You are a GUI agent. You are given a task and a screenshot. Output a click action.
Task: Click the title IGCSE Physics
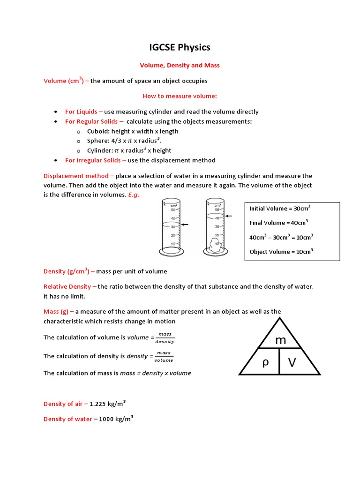coord(180,47)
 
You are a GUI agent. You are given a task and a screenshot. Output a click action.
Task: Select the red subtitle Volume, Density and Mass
coord(180,65)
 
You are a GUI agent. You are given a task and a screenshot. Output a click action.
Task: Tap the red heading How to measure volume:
coord(180,96)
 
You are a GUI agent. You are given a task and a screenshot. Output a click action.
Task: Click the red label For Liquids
coord(81,112)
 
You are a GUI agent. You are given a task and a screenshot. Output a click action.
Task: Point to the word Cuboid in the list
coord(97,131)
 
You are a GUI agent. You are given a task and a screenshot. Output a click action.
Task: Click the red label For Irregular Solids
coord(93,160)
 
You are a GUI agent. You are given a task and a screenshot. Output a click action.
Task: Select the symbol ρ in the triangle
coord(265,362)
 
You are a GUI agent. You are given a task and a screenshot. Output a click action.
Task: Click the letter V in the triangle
coord(292,362)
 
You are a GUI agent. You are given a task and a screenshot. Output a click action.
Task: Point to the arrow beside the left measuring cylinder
coord(185,225)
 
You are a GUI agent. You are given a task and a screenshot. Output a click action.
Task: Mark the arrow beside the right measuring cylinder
coord(229,216)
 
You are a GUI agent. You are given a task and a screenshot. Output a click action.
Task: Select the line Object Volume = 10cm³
coord(281,252)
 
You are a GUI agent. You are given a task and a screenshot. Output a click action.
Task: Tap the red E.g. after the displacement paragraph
coord(134,195)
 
